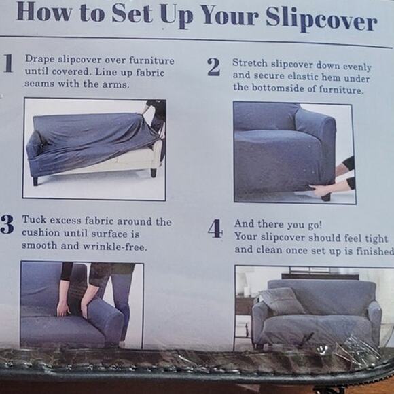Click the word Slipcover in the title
(x=321, y=19)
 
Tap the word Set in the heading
(x=132, y=13)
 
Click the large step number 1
(x=8, y=63)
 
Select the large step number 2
(x=214, y=67)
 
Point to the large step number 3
(x=7, y=224)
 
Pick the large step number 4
(x=215, y=228)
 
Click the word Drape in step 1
(x=39, y=59)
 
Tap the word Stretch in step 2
(x=250, y=62)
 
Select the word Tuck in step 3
(x=34, y=219)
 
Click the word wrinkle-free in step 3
(x=115, y=247)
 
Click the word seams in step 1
(x=39, y=84)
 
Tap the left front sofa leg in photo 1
(x=35, y=181)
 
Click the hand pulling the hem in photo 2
(x=320, y=190)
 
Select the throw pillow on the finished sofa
(x=283, y=301)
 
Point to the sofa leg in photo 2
(x=326, y=196)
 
